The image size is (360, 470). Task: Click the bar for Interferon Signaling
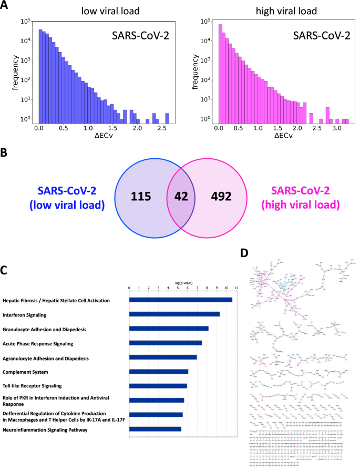174,314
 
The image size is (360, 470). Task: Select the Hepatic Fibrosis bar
181,300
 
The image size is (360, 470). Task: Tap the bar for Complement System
159,372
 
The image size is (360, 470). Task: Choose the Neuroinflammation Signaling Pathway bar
155,429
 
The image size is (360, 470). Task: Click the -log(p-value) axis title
183,282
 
